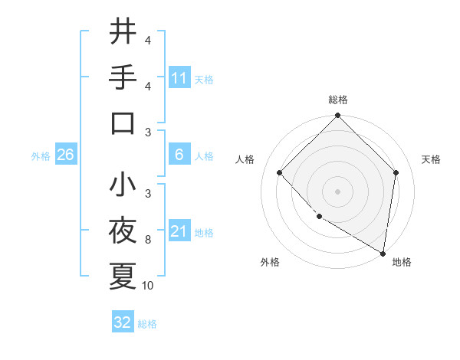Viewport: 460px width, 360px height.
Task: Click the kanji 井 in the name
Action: pyautogui.click(x=123, y=32)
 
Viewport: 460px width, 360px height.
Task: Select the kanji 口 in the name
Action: pyautogui.click(x=123, y=123)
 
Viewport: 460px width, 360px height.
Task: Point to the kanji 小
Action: pyautogui.click(x=123, y=185)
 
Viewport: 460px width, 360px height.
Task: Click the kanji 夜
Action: pyautogui.click(x=123, y=230)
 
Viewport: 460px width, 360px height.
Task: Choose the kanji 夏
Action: pyautogui.click(x=123, y=275)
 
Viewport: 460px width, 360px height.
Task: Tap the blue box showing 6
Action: pyautogui.click(x=179, y=155)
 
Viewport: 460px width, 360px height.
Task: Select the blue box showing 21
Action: pyautogui.click(x=179, y=231)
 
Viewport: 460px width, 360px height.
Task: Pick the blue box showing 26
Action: pyautogui.click(x=65, y=155)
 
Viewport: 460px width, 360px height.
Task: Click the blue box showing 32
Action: pyautogui.click(x=123, y=322)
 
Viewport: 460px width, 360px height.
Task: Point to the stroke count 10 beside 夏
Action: pyautogui.click(x=148, y=286)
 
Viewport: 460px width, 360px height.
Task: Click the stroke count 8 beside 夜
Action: pyautogui.click(x=148, y=240)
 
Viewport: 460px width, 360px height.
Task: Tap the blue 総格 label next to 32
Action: pyautogui.click(x=148, y=324)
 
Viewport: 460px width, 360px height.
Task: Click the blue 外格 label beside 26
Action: pyautogui.click(x=41, y=156)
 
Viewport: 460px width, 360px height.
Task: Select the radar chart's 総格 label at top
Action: pyautogui.click(x=337, y=100)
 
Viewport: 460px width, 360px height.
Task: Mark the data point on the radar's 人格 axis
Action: pyautogui.click(x=280, y=172)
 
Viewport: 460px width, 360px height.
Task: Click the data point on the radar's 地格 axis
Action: pyautogui.click(x=383, y=253)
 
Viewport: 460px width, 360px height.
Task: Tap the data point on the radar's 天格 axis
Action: pyautogui.click(x=396, y=172)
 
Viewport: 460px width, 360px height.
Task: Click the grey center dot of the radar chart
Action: pyautogui.click(x=337, y=191)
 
